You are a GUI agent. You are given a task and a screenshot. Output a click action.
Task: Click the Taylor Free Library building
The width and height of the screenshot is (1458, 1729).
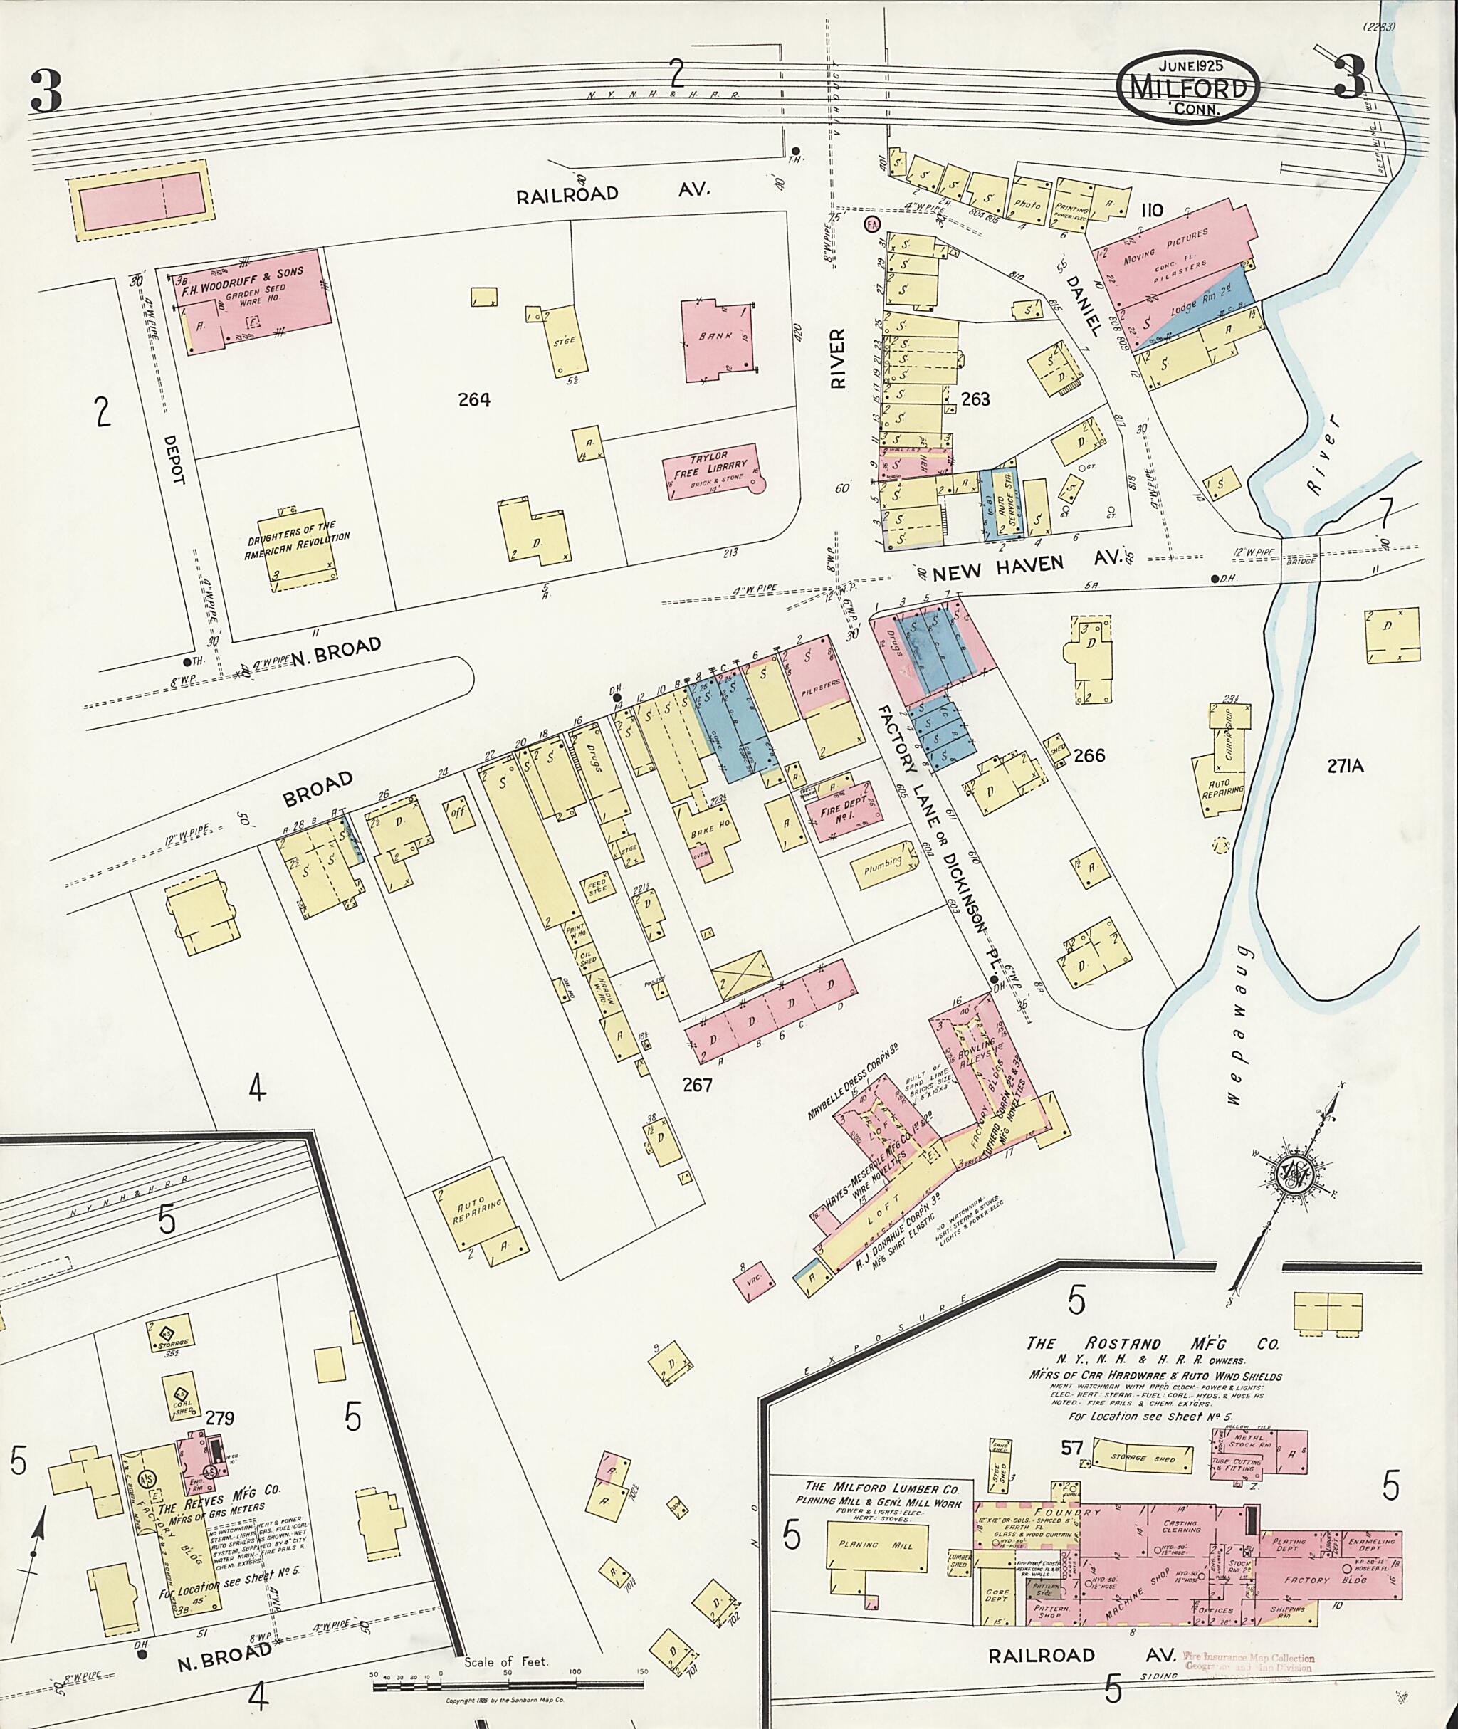tap(713, 473)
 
